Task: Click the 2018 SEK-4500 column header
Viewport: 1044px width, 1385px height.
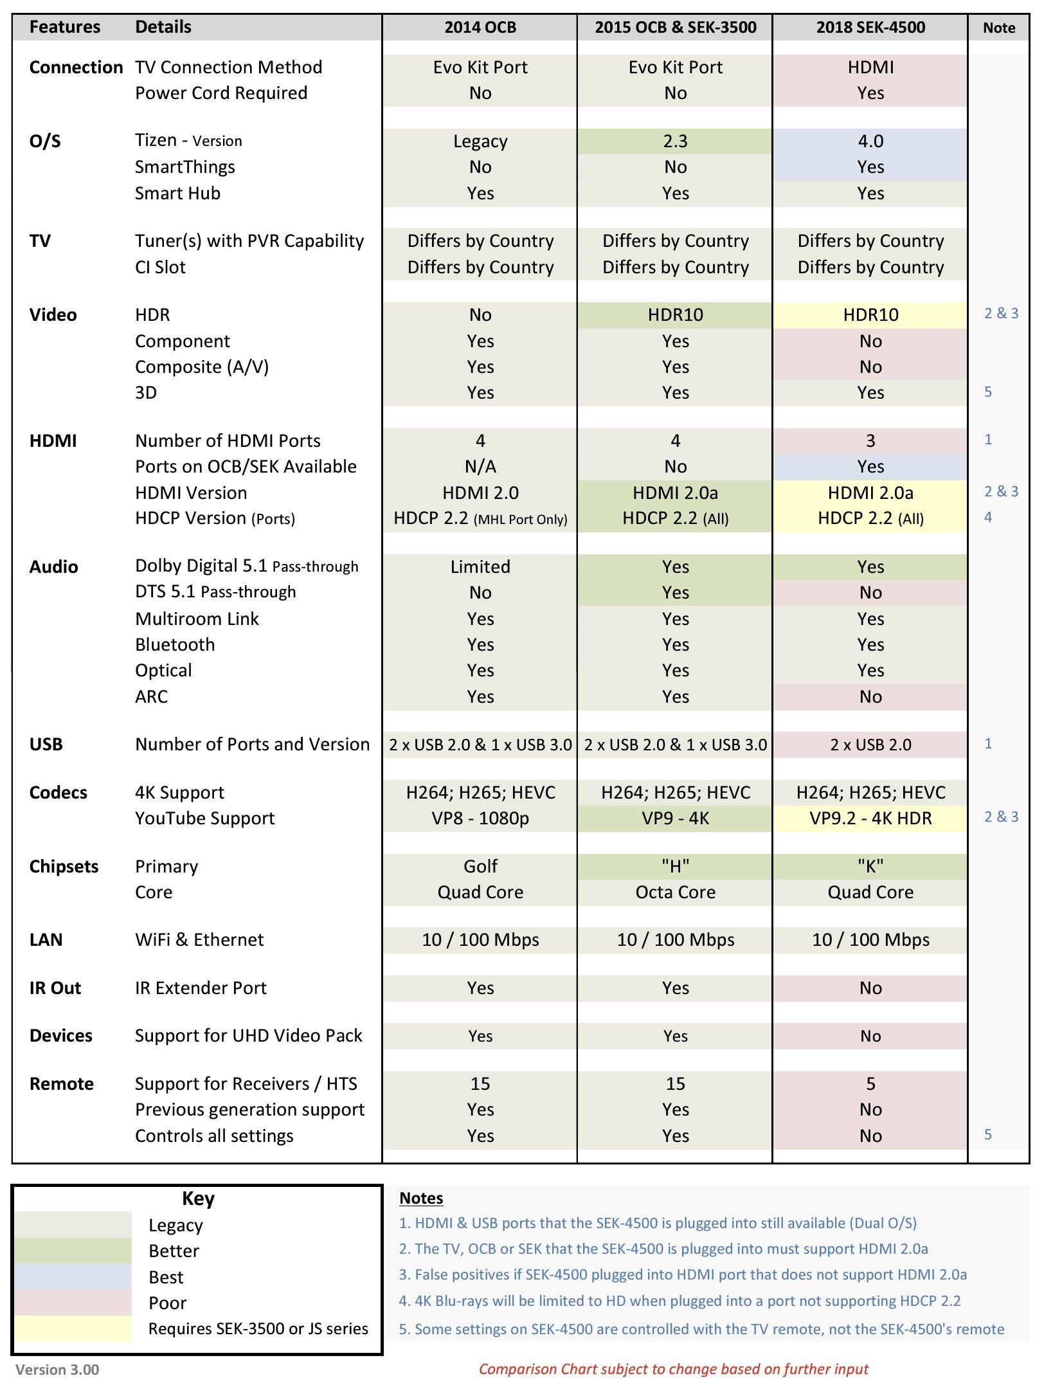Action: [870, 28]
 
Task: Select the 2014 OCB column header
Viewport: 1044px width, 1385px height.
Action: [480, 28]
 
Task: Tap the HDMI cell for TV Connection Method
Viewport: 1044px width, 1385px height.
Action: [870, 68]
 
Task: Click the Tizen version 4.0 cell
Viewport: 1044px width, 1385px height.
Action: [870, 141]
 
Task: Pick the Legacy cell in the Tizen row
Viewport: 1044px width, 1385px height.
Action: [480, 141]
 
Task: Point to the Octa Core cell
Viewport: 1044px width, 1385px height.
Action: [675, 892]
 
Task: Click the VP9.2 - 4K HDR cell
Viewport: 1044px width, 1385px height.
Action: [870, 819]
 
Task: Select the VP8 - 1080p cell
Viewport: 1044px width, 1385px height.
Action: [480, 819]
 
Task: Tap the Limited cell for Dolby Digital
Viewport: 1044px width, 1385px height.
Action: [480, 567]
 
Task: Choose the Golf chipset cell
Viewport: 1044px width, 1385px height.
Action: [480, 867]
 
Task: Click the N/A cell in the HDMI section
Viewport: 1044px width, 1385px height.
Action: [480, 467]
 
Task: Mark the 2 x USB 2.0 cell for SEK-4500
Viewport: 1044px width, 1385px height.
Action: [870, 745]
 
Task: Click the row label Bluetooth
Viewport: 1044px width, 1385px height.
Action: [175, 645]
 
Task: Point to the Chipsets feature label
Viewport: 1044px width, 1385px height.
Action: [64, 867]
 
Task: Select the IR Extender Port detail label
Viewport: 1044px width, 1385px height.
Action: [201, 988]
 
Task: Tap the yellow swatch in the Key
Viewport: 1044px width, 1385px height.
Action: [73, 1328]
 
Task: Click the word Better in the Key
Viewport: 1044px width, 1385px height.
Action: [174, 1251]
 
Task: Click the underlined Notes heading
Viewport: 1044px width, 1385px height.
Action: [421, 1199]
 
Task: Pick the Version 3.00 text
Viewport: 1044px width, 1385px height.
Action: [57, 1370]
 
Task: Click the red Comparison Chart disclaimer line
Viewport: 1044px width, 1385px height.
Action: [673, 1370]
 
